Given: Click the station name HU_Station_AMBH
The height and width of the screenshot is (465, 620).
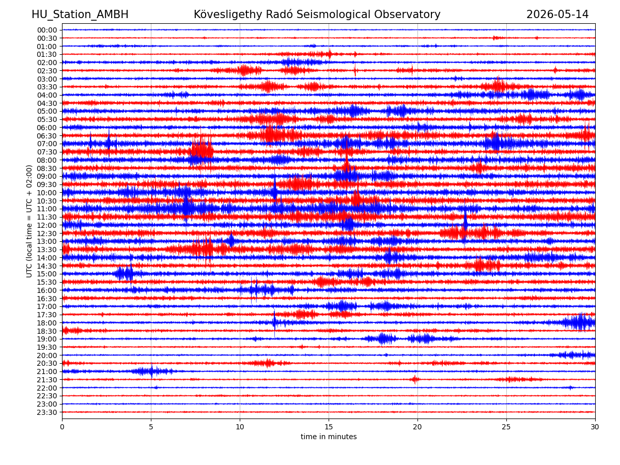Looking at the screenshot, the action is click(x=80, y=14).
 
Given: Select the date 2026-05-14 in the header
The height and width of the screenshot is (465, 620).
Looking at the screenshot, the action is click(x=557, y=14).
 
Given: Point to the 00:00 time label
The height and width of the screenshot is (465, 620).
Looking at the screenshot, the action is click(x=47, y=30).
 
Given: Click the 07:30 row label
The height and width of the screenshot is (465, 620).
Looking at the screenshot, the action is click(x=47, y=152).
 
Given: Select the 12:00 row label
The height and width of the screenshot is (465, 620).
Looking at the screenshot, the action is click(x=47, y=225).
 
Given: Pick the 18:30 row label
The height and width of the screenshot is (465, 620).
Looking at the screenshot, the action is click(x=47, y=331).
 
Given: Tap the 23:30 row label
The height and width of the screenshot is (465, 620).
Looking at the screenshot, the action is click(x=47, y=412).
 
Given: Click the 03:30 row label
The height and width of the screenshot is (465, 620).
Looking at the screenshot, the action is click(x=47, y=87).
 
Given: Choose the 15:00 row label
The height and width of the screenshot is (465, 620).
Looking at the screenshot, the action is click(x=47, y=274).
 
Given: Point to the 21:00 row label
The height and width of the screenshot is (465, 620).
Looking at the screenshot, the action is click(x=47, y=371).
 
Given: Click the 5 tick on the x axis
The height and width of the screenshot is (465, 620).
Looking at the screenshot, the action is click(x=151, y=427).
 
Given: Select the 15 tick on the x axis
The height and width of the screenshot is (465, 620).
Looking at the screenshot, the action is click(x=329, y=427).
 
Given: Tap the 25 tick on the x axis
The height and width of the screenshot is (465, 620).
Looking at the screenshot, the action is click(x=506, y=427).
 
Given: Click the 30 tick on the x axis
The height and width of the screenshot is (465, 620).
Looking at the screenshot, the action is click(x=595, y=427).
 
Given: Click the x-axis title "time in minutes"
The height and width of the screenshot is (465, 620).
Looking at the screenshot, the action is click(x=329, y=437).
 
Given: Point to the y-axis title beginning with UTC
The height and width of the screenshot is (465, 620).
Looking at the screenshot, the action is click(x=29, y=221).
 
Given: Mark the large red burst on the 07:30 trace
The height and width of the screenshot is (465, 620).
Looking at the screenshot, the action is click(x=202, y=150).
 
